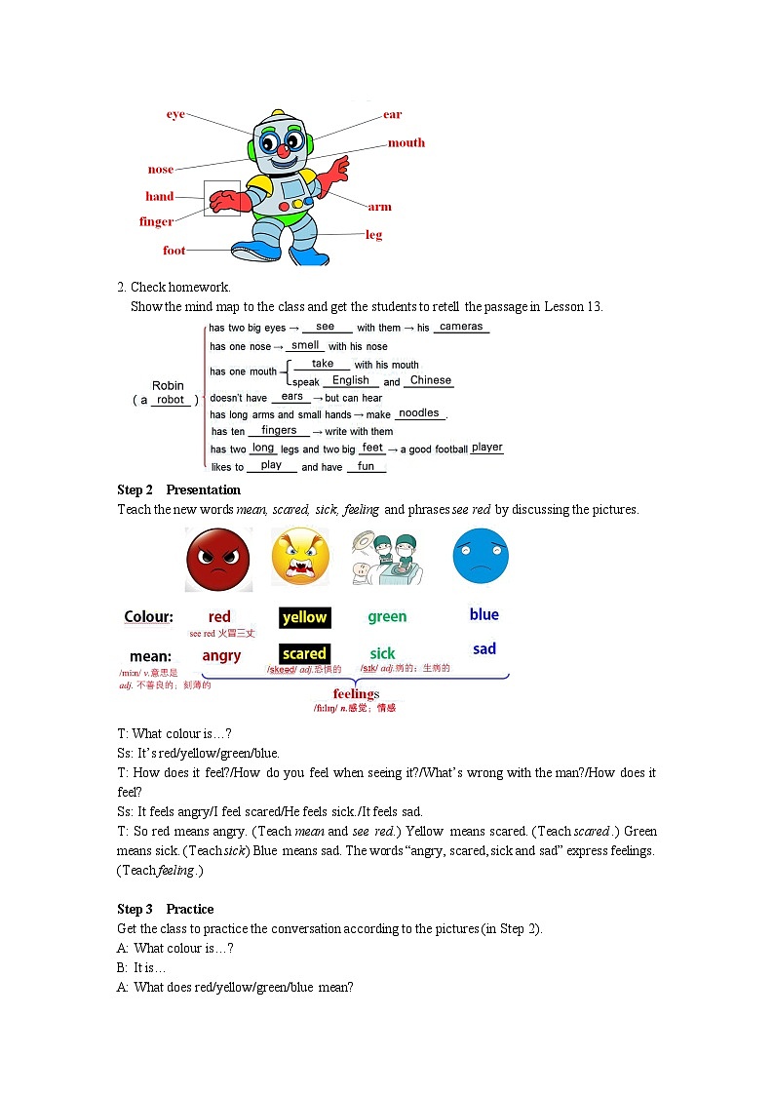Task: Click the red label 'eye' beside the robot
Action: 175,114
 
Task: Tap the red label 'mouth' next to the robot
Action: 406,142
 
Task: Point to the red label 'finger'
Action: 156,221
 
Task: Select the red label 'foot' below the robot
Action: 174,251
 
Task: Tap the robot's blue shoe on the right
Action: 309,255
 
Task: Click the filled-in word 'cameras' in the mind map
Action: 461,327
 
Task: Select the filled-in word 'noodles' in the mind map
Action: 419,413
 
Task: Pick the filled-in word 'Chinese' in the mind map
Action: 431,380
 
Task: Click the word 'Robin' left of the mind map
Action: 168,386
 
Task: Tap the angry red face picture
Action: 218,560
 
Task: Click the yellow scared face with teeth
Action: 300,557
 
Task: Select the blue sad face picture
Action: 481,556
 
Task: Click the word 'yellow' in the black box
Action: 304,617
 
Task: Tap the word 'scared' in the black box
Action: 304,653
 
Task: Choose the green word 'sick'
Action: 382,653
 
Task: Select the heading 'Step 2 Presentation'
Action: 178,489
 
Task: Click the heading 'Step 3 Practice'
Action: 166,909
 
